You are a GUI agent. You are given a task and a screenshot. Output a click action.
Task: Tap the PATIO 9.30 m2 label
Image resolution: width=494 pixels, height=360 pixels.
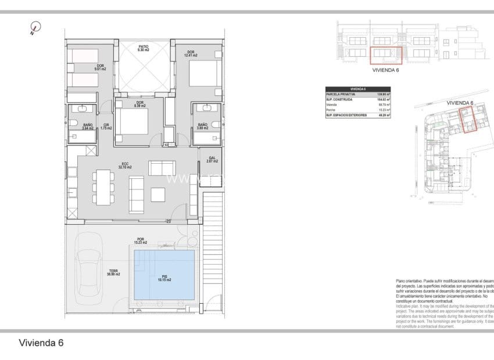[144, 49]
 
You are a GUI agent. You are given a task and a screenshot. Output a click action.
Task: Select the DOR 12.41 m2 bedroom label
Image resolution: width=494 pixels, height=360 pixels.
[190, 54]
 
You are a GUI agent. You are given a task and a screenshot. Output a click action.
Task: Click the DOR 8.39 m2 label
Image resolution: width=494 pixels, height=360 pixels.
[139, 105]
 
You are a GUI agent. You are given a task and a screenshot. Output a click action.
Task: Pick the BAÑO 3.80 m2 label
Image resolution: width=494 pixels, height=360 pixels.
[203, 126]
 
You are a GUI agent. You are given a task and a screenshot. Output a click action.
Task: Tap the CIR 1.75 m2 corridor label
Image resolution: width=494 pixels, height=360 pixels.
[106, 126]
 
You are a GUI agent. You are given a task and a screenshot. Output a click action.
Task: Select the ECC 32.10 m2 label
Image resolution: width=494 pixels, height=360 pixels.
[124, 165]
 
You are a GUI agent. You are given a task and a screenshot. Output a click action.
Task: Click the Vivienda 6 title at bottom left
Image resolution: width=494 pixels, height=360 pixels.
[41, 343]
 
